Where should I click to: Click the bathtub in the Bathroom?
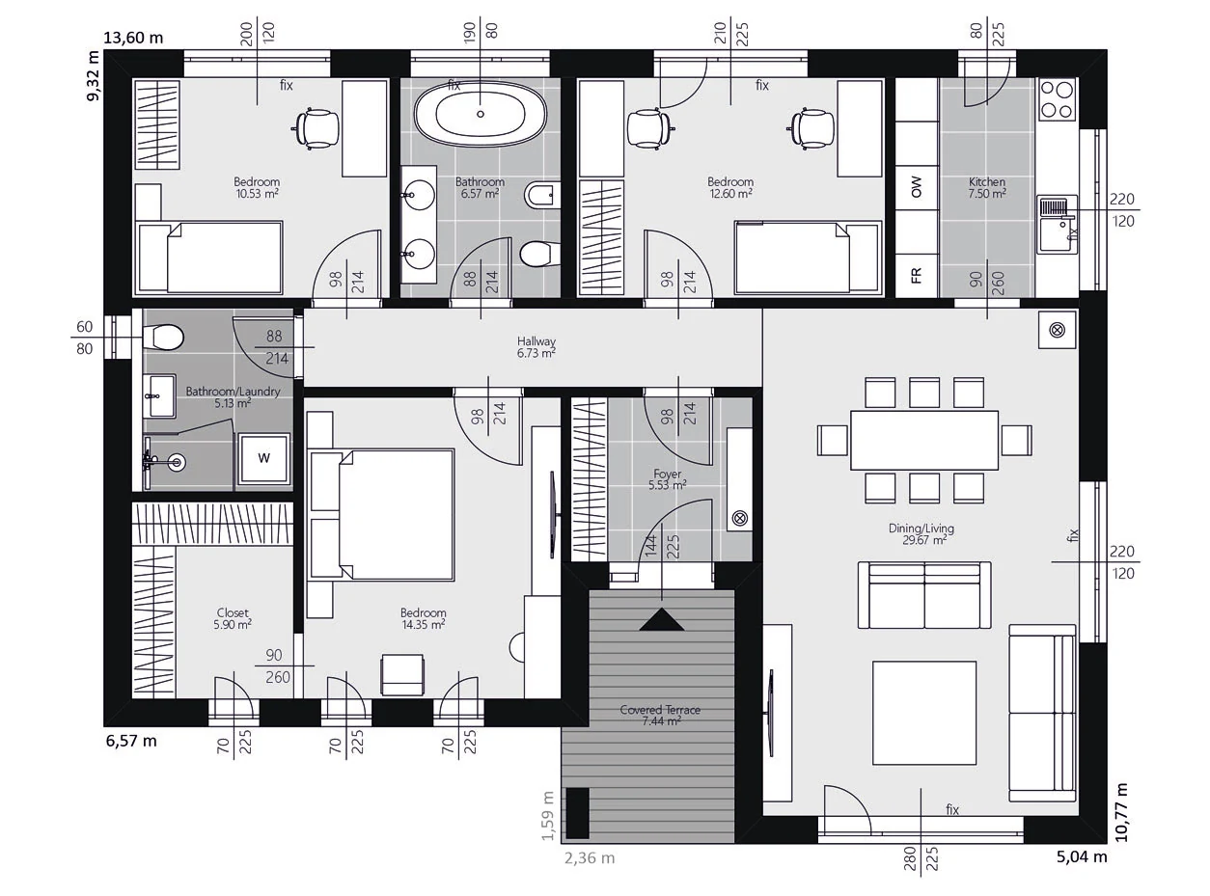point(481,114)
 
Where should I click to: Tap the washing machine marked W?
point(264,457)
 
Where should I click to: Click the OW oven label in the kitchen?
point(917,186)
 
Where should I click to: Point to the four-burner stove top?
point(1057,98)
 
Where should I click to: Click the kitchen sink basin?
point(1057,234)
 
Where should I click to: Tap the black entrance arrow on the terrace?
point(661,619)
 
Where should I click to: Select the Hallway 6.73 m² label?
point(536,347)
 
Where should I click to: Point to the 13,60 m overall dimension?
point(133,38)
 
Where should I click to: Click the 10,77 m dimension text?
point(1121,812)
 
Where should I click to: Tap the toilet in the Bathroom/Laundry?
point(162,337)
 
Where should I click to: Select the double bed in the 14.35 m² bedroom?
point(382,514)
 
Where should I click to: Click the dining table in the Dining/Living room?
point(924,440)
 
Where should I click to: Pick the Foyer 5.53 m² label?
point(667,479)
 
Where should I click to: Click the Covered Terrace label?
point(660,715)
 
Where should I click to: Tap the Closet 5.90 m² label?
point(233,618)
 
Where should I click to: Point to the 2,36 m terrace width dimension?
point(590,857)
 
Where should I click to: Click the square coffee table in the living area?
point(924,713)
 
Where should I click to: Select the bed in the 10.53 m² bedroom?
point(210,257)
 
